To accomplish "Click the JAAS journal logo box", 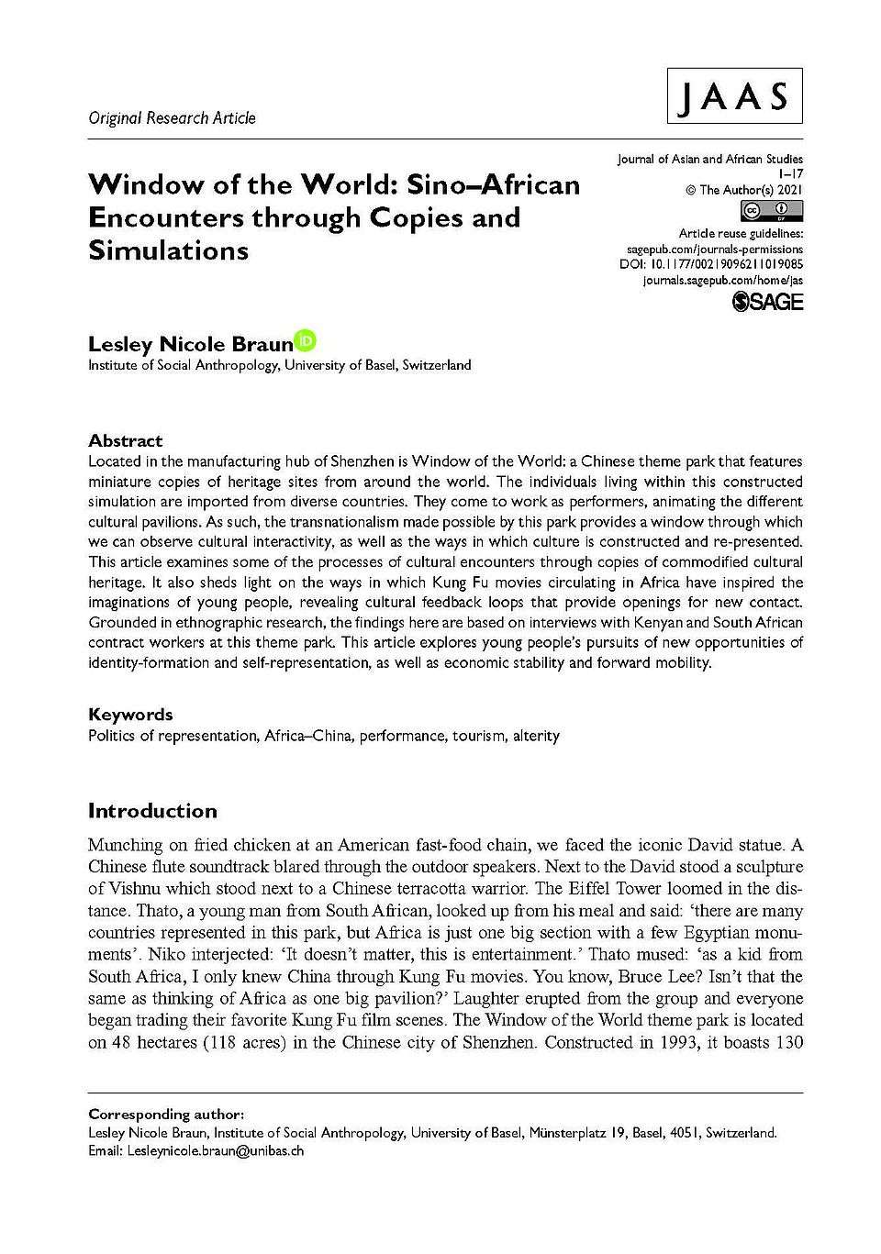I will click(x=734, y=95).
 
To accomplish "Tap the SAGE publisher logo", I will click(x=768, y=302).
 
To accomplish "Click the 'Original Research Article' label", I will click(x=172, y=117).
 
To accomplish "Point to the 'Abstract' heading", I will click(x=125, y=440).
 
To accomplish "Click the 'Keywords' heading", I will click(x=130, y=714).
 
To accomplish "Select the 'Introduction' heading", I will click(x=152, y=811).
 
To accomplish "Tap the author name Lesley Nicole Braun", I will click(x=190, y=344).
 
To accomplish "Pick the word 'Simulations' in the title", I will click(x=168, y=250).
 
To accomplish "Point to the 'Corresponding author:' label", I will click(x=166, y=1115).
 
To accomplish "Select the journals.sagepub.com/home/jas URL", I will click(x=723, y=279).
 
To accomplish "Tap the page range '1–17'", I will click(x=788, y=174).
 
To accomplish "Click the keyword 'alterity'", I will click(x=536, y=735).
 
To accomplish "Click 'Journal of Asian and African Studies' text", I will click(x=709, y=159).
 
